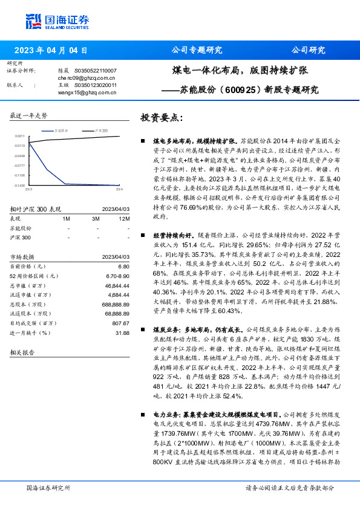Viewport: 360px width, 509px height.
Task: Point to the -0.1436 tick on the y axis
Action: pyautogui.click(x=19, y=186)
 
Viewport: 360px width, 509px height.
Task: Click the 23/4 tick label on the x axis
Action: pyautogui.click(x=119, y=190)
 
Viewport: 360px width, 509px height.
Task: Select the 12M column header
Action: pyautogui.click(x=124, y=218)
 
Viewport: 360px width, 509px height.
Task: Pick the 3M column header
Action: pyautogui.click(x=96, y=218)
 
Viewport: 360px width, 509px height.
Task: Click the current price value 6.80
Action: pyautogui.click(x=124, y=266)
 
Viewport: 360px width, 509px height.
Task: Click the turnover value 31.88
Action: pyautogui.click(x=122, y=332)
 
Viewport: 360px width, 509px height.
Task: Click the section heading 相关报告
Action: pyautogui.click(x=22, y=352)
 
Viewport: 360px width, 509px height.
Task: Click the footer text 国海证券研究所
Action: pyautogui.click(x=48, y=488)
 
